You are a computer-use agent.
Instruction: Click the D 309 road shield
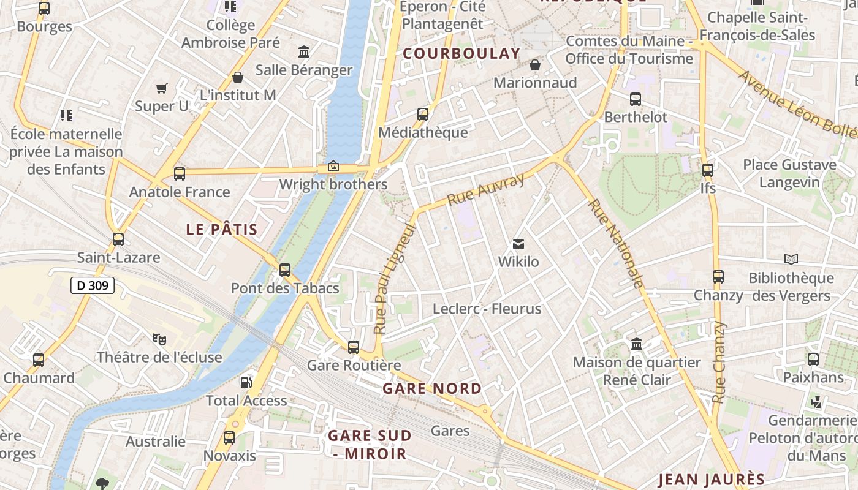93,285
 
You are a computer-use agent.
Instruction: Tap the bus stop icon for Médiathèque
423,114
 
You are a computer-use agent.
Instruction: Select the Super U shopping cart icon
162,89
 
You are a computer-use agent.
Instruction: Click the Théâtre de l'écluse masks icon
159,339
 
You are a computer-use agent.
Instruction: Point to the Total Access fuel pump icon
246,383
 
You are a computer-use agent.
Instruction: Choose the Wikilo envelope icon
518,244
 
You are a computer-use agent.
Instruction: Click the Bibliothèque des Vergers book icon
791,260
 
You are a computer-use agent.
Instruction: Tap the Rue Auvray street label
486,189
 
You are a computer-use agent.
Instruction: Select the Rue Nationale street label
617,243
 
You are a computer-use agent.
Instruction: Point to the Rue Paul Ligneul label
395,279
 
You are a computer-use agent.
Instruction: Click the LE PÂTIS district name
222,230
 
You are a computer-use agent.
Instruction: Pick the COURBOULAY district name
461,53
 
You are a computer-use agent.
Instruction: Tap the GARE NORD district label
432,388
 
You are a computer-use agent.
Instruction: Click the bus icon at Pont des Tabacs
285,269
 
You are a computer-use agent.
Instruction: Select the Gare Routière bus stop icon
354,347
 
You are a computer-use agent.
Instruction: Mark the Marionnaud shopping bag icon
535,65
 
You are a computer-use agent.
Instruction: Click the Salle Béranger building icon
304,51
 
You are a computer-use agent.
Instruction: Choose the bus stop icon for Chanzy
718,277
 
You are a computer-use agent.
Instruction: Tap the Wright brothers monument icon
333,166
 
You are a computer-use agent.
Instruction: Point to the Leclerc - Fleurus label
487,309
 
